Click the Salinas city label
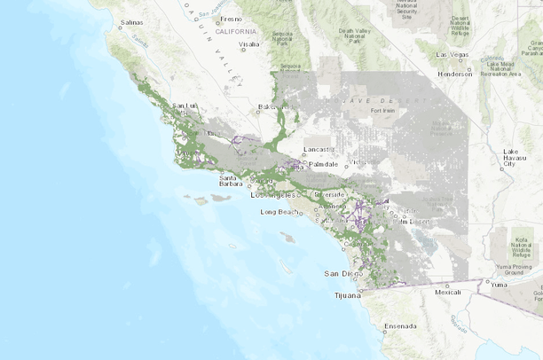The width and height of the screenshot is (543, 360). [131, 21]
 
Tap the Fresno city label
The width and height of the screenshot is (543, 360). [232, 19]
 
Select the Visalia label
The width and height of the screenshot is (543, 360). [248, 43]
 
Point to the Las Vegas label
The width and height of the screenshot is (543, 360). [452, 54]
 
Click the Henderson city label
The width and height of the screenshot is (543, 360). [454, 74]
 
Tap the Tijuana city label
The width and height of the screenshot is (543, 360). [346, 294]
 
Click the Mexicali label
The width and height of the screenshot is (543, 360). [448, 291]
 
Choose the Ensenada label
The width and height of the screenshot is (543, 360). [398, 326]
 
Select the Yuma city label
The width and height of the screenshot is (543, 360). [500, 286]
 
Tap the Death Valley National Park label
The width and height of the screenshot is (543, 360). [354, 35]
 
